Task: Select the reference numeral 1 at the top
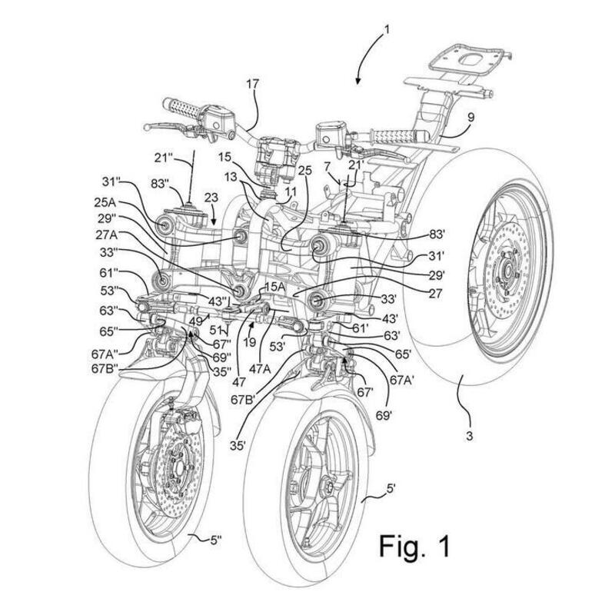(x=387, y=31)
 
